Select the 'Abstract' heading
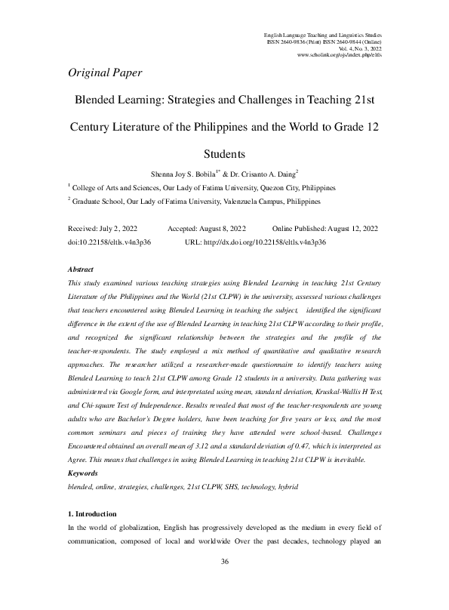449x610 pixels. [81, 269]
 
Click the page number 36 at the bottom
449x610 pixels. [224, 583]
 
